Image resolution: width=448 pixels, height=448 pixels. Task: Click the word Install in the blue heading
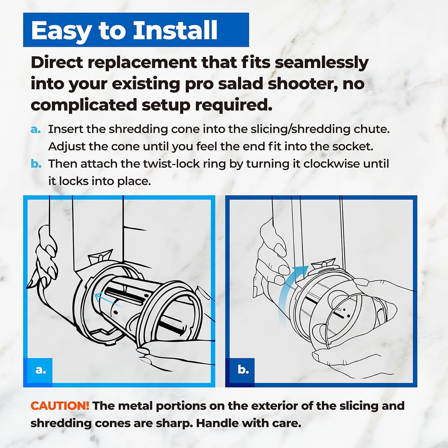point(175,30)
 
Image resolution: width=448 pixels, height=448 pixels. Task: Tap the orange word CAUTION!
point(60,406)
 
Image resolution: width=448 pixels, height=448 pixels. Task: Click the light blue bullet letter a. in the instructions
point(36,130)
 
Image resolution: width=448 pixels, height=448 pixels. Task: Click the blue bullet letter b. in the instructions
point(36,164)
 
